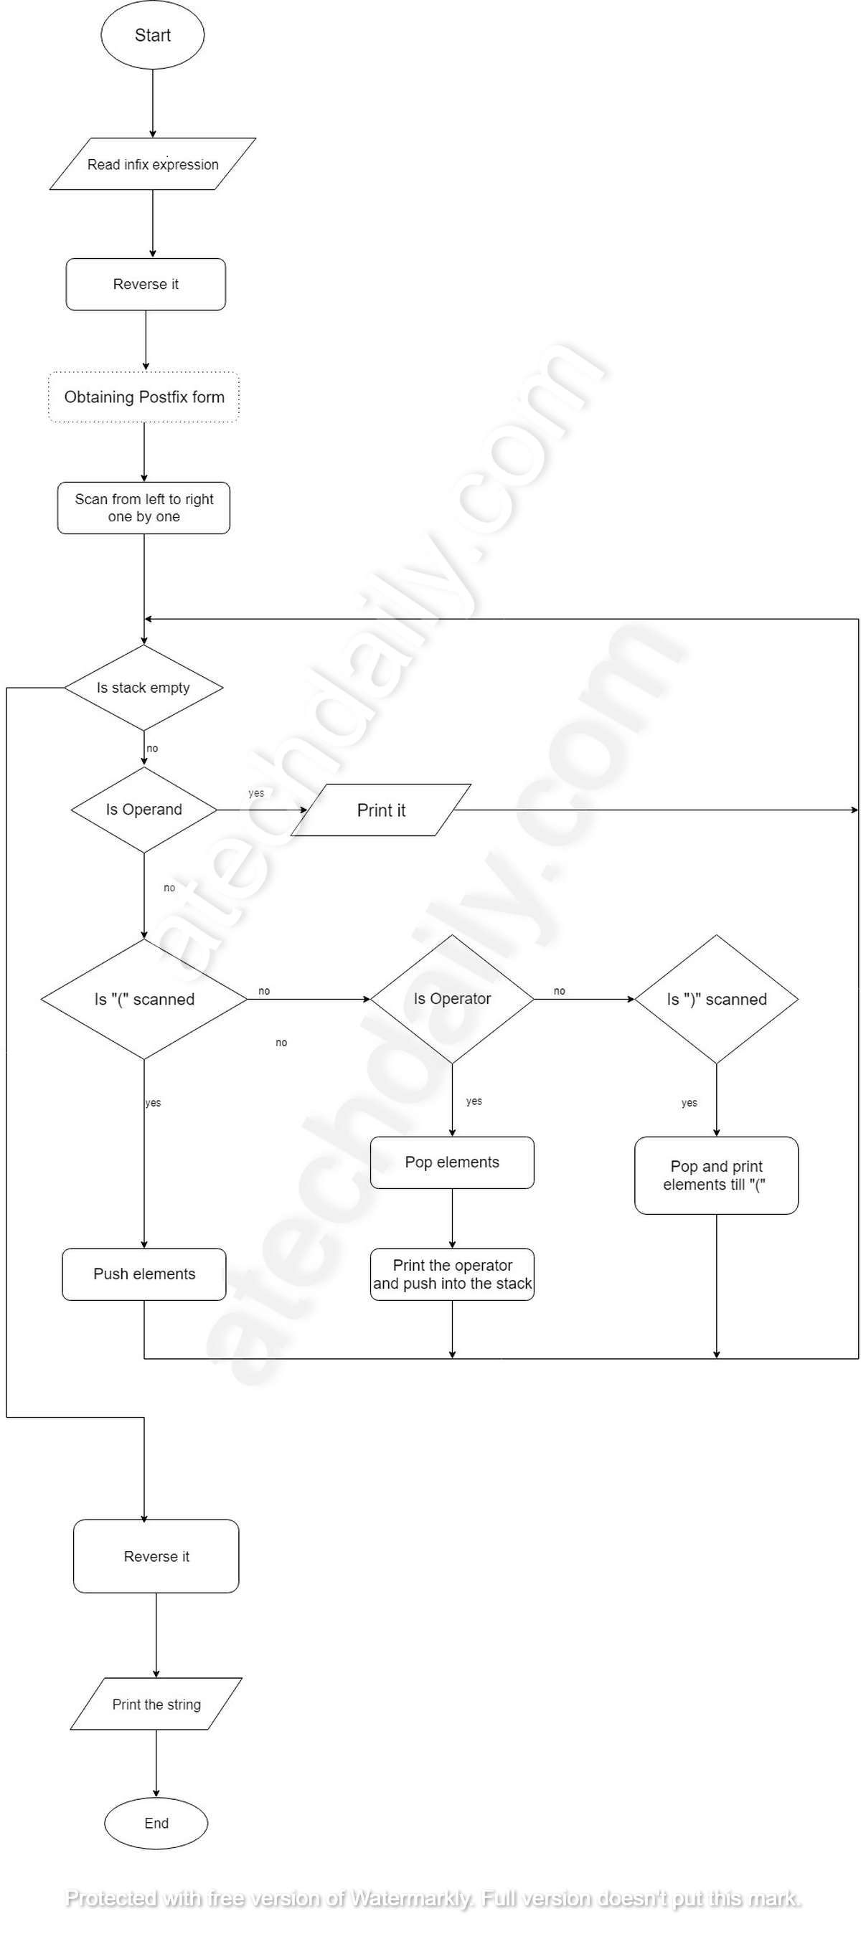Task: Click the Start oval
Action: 153,35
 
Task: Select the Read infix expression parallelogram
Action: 153,163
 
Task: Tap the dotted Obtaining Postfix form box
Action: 144,397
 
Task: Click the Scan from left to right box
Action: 143,508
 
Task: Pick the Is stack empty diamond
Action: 143,688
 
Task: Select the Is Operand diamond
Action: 143,810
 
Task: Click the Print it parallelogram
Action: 381,810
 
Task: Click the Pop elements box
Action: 452,1163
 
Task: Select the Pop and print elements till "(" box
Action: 717,1176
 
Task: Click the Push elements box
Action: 144,1275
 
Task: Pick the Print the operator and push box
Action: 452,1275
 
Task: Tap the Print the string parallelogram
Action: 156,1705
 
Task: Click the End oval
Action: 156,1824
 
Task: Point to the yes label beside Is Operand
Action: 256,793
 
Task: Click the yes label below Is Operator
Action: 474,1101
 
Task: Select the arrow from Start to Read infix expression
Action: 153,103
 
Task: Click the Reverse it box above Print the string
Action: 156,1556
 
